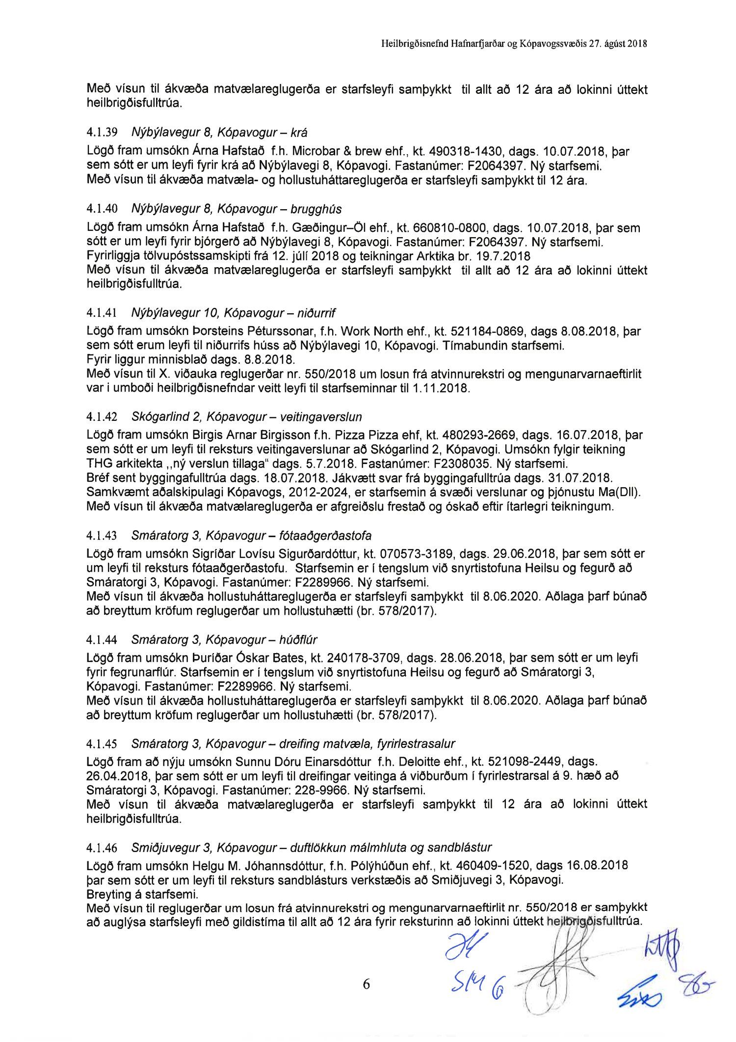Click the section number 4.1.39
coord(102,133)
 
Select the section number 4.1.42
coord(102,417)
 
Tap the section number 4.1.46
coord(102,848)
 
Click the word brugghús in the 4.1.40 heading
coord(316,209)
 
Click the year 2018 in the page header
coord(638,44)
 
